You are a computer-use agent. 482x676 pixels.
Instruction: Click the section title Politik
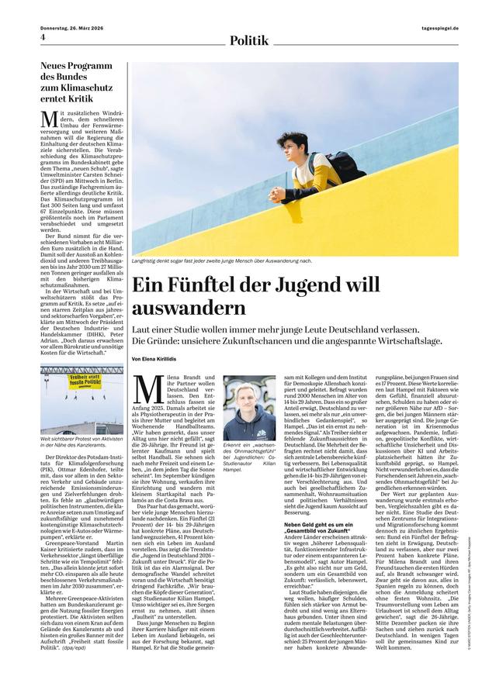click(x=249, y=38)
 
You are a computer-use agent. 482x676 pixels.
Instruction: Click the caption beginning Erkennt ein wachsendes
click(x=249, y=454)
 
